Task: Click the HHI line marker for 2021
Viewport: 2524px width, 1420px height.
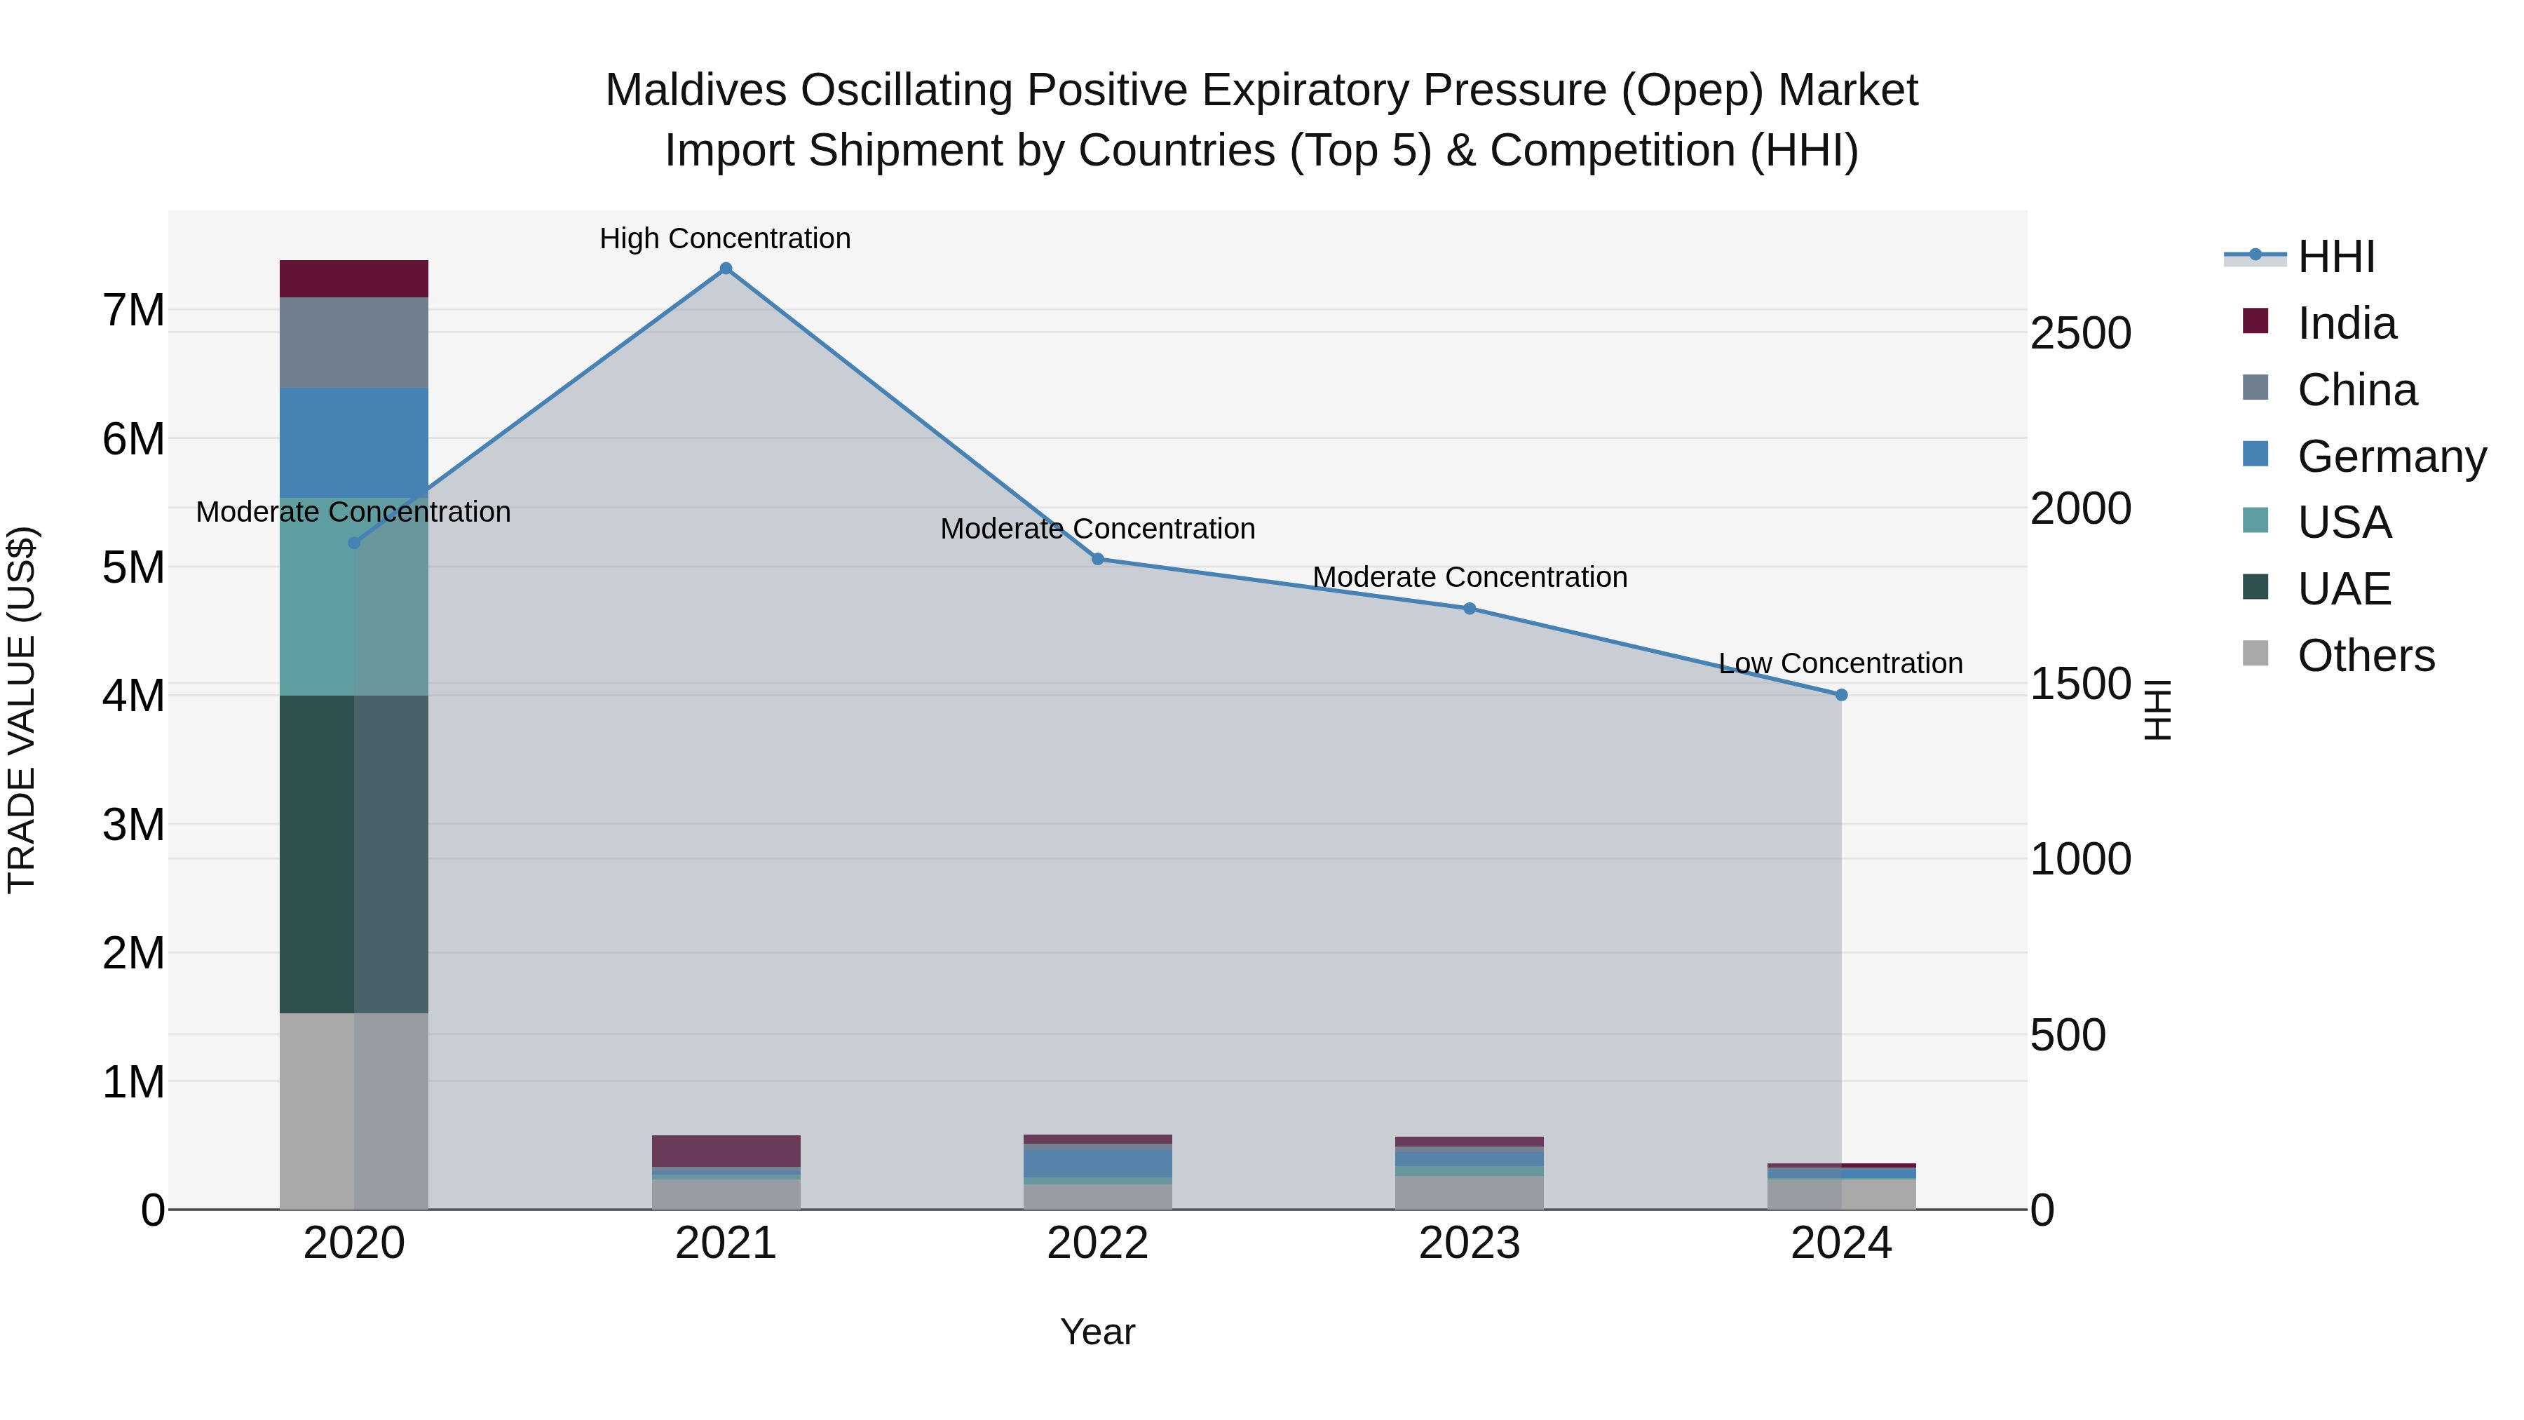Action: [726, 269]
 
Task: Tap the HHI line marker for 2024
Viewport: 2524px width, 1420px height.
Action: [1841, 695]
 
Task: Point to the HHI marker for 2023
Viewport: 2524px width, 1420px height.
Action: [1470, 609]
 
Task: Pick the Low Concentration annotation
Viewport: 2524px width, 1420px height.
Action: [1840, 663]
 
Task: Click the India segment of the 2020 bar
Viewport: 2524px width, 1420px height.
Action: [354, 279]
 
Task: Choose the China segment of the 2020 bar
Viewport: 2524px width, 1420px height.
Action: [354, 343]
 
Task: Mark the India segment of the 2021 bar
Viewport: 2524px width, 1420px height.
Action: [726, 1151]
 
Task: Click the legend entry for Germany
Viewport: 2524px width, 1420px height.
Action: [2391, 457]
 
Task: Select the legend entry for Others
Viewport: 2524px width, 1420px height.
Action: [2366, 656]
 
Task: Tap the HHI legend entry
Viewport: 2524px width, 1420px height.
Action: [2336, 257]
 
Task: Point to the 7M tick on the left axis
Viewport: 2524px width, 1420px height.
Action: [133, 311]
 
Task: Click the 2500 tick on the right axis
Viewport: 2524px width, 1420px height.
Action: [2080, 333]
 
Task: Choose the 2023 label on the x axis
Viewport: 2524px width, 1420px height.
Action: [1470, 1243]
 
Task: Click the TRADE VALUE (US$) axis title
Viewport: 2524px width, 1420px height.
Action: [22, 710]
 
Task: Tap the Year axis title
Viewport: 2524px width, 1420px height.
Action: [1097, 1332]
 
